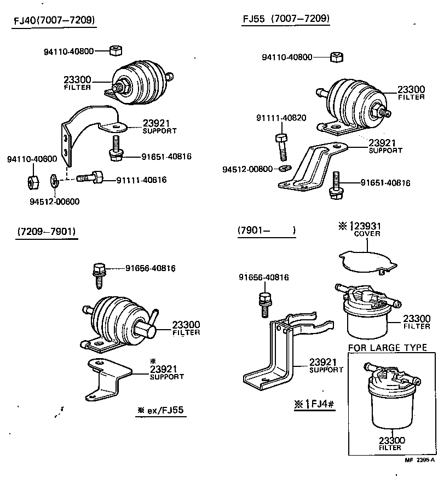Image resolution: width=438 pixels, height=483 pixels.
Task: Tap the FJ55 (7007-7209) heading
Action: coord(286,19)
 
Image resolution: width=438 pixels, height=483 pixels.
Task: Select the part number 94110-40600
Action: coord(32,159)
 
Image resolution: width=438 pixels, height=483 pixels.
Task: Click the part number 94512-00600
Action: coord(54,201)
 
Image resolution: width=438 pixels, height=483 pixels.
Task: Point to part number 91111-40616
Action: coord(141,180)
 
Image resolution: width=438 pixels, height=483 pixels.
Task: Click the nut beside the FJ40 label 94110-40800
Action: coord(115,51)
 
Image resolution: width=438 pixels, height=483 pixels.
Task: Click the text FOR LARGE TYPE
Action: coord(387,348)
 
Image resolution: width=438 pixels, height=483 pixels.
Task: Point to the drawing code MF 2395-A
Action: coord(419,475)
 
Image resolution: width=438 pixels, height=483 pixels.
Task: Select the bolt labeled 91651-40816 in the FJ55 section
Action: coord(335,186)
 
